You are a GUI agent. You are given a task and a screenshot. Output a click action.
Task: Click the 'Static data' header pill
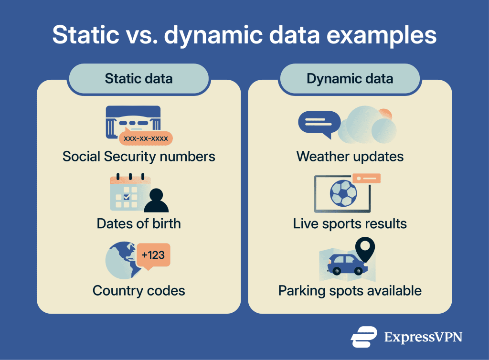tap(138, 79)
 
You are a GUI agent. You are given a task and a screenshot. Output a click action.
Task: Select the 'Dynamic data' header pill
tap(350, 79)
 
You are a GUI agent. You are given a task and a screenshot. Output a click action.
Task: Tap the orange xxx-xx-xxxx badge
tap(146, 138)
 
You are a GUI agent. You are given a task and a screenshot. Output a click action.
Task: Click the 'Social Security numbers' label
tap(139, 157)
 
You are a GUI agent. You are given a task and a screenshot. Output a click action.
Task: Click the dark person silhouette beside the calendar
tap(156, 201)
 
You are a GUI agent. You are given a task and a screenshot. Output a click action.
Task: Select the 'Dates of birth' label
tap(139, 223)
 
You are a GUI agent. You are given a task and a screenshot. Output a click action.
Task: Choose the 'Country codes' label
tap(139, 291)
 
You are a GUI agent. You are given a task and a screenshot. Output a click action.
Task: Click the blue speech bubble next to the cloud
tap(319, 124)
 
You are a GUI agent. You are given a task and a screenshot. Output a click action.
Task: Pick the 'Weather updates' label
tap(350, 157)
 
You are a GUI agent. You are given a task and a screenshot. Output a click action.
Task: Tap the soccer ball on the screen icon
tap(343, 193)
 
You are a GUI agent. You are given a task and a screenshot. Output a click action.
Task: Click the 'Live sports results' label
tap(350, 224)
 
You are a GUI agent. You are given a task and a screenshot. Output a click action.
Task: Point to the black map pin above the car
tap(365, 249)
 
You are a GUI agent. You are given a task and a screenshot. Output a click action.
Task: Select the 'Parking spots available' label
tap(350, 291)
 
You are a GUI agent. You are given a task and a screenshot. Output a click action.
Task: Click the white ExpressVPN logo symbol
tap(363, 337)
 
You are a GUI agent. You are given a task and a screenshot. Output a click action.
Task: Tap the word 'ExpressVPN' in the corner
tap(423, 337)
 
